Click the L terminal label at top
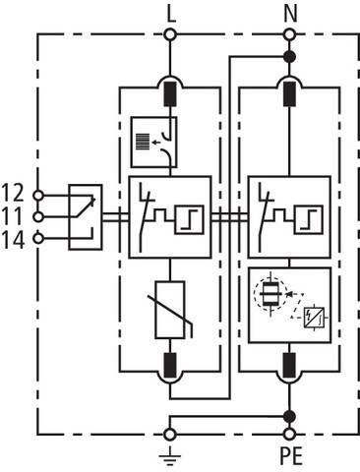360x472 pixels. (171, 15)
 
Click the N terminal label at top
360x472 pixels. (290, 15)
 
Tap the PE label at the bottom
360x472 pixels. (291, 456)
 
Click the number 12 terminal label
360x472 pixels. (13, 193)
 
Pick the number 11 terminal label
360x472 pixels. (13, 216)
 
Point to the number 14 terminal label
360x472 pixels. (13, 240)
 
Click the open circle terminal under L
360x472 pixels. (170, 34)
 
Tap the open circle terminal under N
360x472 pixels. (289, 34)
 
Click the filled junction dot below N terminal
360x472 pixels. (289, 57)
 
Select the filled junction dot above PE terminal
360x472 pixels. (289, 417)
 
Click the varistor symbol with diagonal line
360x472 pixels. (170, 310)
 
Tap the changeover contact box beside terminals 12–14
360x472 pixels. (86, 217)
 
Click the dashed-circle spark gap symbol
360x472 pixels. (270, 294)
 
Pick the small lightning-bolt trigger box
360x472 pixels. (314, 318)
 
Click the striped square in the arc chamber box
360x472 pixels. (143, 142)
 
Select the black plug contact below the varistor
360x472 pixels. (170, 365)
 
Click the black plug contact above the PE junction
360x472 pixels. (289, 365)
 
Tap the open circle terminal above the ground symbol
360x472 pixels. (170, 435)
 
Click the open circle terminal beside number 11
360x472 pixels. (38, 217)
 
